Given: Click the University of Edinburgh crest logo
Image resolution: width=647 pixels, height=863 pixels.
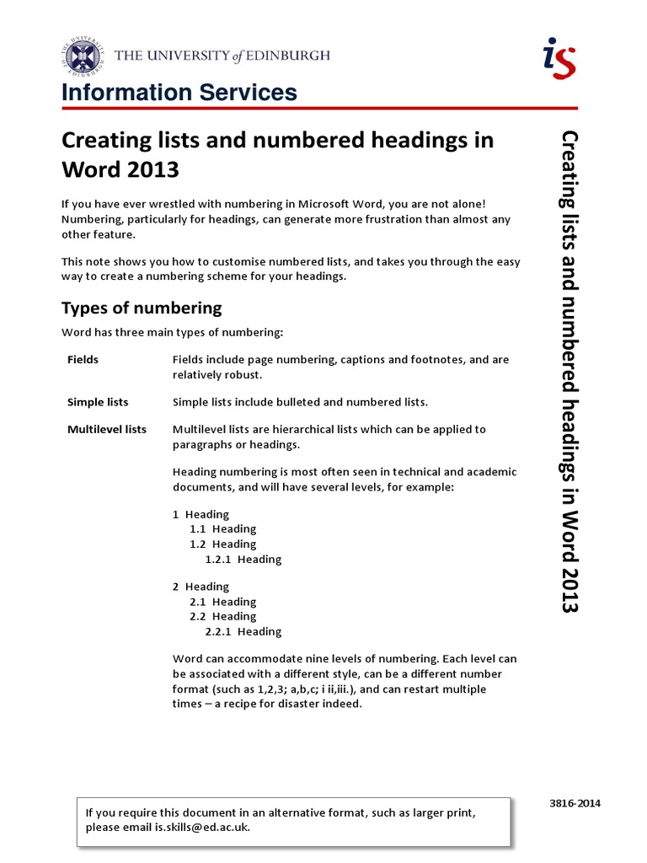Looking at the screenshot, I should (x=82, y=56).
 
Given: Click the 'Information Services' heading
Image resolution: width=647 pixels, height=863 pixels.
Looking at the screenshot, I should (x=179, y=93).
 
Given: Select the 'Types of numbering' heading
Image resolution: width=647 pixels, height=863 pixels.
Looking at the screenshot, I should (x=142, y=308).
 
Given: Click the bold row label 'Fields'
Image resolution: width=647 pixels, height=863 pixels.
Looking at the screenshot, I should (x=83, y=360).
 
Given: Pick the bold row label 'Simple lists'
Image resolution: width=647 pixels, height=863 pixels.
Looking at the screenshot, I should (x=98, y=402).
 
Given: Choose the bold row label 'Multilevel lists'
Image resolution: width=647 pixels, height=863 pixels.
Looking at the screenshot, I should (x=107, y=429).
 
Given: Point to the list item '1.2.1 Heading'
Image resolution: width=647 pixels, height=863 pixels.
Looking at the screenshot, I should (x=243, y=559).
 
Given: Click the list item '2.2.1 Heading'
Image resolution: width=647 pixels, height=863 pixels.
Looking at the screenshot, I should (x=243, y=631).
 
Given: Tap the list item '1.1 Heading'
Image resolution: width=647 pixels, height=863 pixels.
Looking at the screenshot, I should (x=222, y=529).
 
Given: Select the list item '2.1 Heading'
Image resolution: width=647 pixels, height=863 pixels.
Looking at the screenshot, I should (x=222, y=602).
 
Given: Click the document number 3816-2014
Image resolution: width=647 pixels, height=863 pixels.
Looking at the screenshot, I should (x=575, y=804).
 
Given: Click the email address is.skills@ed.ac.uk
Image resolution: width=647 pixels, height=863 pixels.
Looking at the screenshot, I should (x=201, y=828).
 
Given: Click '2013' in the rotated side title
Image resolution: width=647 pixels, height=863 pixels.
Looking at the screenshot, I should (x=569, y=592).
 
